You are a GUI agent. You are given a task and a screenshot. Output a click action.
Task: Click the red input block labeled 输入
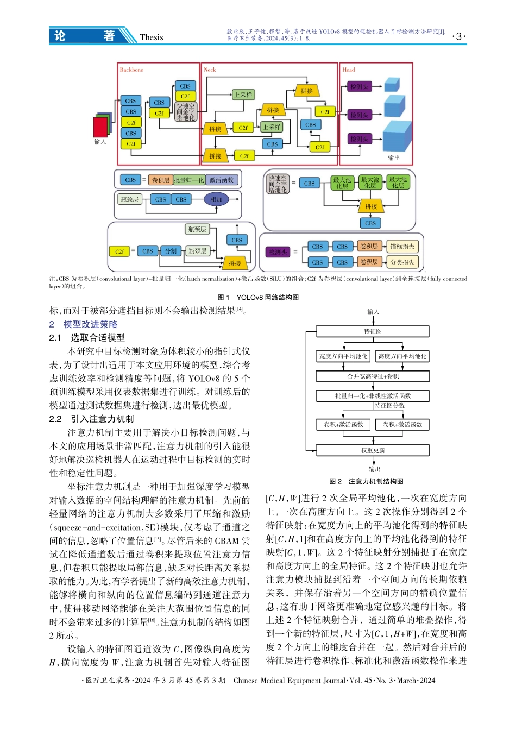[x=100, y=127]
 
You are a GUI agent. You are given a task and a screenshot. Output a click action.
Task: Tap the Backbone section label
[x=131, y=70]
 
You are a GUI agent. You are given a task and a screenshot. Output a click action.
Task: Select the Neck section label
[x=210, y=70]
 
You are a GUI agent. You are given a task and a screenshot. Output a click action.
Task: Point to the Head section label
[x=349, y=70]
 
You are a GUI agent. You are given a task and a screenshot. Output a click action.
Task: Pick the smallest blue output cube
[x=392, y=85]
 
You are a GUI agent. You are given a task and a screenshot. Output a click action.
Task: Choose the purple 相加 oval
[x=217, y=199]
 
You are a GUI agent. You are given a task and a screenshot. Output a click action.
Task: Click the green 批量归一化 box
[x=189, y=180]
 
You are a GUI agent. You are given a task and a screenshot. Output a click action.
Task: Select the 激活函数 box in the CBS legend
[x=222, y=180]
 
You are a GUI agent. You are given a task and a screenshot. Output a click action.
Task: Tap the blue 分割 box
[x=171, y=251]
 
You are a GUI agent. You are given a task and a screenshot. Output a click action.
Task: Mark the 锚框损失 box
[x=402, y=247]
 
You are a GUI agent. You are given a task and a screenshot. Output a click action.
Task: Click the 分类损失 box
[x=402, y=262]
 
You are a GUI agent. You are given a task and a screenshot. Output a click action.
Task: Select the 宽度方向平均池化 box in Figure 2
[x=343, y=356]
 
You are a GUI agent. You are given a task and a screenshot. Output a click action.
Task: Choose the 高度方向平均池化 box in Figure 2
[x=402, y=356]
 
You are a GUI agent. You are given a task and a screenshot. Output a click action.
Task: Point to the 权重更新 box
[x=373, y=450]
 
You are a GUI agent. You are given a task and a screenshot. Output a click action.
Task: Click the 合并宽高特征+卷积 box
[x=373, y=376]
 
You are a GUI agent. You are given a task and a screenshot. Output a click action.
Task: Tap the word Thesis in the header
[x=151, y=37]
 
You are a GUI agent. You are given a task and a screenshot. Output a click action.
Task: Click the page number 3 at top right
[x=459, y=36]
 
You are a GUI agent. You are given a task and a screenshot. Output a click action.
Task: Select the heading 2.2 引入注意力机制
[x=91, y=419]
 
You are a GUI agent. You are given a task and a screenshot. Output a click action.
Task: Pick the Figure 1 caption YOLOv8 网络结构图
[x=258, y=297]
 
